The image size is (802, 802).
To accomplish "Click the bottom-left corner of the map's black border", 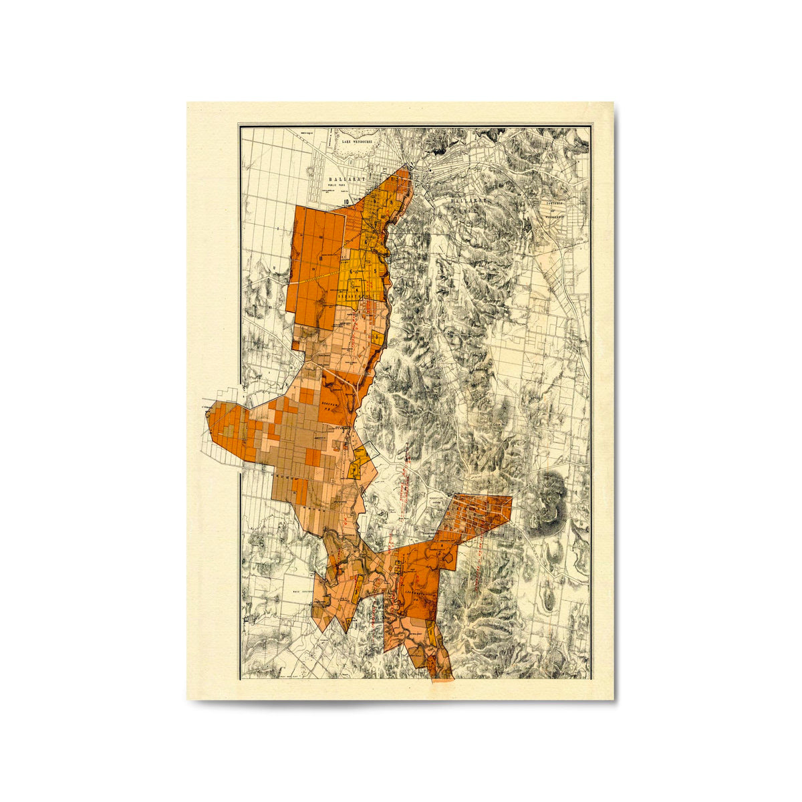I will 240,679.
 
